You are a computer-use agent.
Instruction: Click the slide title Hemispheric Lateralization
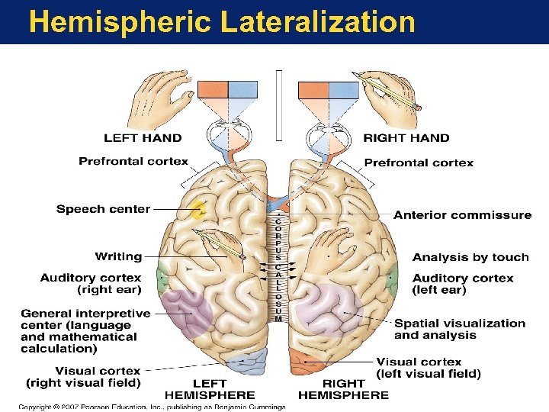[x=222, y=21]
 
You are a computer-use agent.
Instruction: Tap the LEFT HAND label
[x=143, y=138]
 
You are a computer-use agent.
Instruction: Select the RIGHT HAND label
[x=406, y=138]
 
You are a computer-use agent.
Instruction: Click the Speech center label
[x=103, y=209]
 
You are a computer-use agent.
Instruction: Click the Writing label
[x=118, y=256]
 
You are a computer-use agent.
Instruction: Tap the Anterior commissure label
[x=462, y=215]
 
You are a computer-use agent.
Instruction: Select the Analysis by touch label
[x=470, y=257]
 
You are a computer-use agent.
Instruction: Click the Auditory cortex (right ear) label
[x=91, y=284]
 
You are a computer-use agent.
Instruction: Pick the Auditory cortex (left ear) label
[x=463, y=284]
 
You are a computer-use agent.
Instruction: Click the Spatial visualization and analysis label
[x=460, y=329]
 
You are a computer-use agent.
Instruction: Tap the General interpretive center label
[x=85, y=330]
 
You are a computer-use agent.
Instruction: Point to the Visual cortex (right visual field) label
[x=83, y=376]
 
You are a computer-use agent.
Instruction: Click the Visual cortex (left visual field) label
[x=429, y=368]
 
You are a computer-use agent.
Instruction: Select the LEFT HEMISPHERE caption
[x=210, y=389]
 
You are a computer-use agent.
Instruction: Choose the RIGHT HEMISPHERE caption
[x=343, y=389]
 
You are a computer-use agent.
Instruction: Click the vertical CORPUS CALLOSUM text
[x=278, y=267]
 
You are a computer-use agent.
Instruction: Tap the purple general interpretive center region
[x=188, y=311]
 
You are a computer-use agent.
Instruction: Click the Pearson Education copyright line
[x=152, y=407]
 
